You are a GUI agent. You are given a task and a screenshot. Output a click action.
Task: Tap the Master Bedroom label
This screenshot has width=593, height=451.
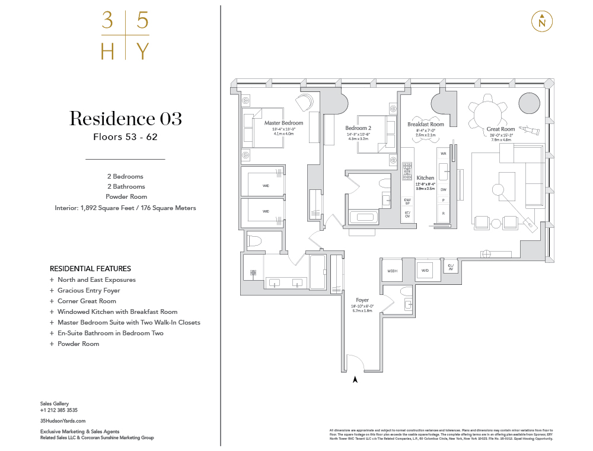[283, 123]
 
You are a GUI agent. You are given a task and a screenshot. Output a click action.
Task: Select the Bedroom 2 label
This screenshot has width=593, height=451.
[358, 128]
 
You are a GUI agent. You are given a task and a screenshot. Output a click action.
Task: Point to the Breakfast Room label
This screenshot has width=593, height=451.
[425, 125]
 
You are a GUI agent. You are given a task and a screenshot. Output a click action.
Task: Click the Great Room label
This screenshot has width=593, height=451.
[500, 129]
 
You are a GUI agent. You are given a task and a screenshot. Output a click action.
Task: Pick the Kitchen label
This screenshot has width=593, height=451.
[425, 178]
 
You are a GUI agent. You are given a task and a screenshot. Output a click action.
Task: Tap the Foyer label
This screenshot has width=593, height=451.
[362, 300]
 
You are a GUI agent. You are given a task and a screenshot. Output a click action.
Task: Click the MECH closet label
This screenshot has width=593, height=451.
[392, 271]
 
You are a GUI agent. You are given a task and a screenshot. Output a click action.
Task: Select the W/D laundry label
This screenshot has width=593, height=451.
[425, 271]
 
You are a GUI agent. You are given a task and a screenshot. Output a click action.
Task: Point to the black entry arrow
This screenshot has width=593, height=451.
[355, 379]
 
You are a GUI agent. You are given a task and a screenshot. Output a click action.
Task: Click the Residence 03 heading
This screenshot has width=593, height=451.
[125, 119]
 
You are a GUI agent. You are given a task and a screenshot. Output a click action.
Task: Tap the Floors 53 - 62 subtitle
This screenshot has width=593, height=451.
[125, 136]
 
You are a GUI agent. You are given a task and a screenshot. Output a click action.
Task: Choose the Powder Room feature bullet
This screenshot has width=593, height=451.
[78, 344]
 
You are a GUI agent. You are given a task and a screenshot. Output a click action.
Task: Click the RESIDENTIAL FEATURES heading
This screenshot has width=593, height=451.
[90, 269]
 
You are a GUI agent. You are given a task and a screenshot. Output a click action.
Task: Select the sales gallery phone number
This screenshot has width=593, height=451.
[59, 410]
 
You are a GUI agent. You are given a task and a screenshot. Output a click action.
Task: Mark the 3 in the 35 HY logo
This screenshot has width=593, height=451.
[107, 21]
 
